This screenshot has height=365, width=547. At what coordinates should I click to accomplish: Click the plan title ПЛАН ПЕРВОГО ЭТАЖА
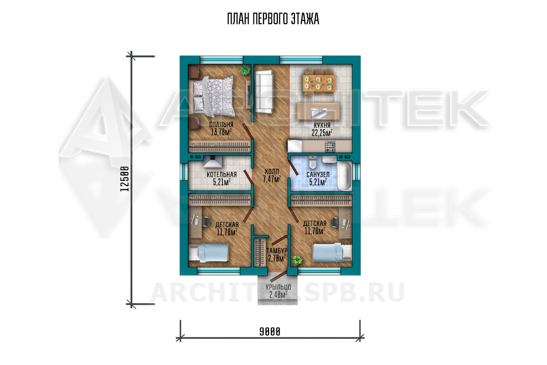pos(273,19)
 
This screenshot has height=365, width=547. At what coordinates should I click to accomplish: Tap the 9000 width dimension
pos(270,332)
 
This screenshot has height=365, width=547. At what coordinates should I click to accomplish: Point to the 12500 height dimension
pos(125,179)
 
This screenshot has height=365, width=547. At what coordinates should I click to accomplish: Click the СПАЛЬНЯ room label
pos(221,124)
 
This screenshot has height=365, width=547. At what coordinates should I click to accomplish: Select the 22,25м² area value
pos(322,133)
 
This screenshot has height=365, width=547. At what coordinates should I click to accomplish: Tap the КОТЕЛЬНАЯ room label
pos(222,174)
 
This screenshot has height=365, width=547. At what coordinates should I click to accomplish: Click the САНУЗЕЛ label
pos(318,174)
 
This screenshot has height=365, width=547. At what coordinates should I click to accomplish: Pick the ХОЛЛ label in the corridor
pos(272,172)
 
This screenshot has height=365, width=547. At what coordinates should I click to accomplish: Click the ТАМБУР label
pos(277,251)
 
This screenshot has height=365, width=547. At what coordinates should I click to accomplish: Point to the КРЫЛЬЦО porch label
pos(278,287)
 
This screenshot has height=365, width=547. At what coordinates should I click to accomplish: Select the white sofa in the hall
pos(264,92)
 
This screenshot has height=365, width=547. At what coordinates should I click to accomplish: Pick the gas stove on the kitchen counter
pos(330,146)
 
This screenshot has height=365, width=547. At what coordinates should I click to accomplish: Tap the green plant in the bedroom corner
pos(245,70)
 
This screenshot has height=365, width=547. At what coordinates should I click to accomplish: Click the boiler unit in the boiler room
pos(213,162)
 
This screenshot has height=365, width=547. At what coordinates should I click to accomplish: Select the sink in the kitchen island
pos(319,113)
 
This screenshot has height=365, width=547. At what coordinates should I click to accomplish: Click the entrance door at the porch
pos(279,277)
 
